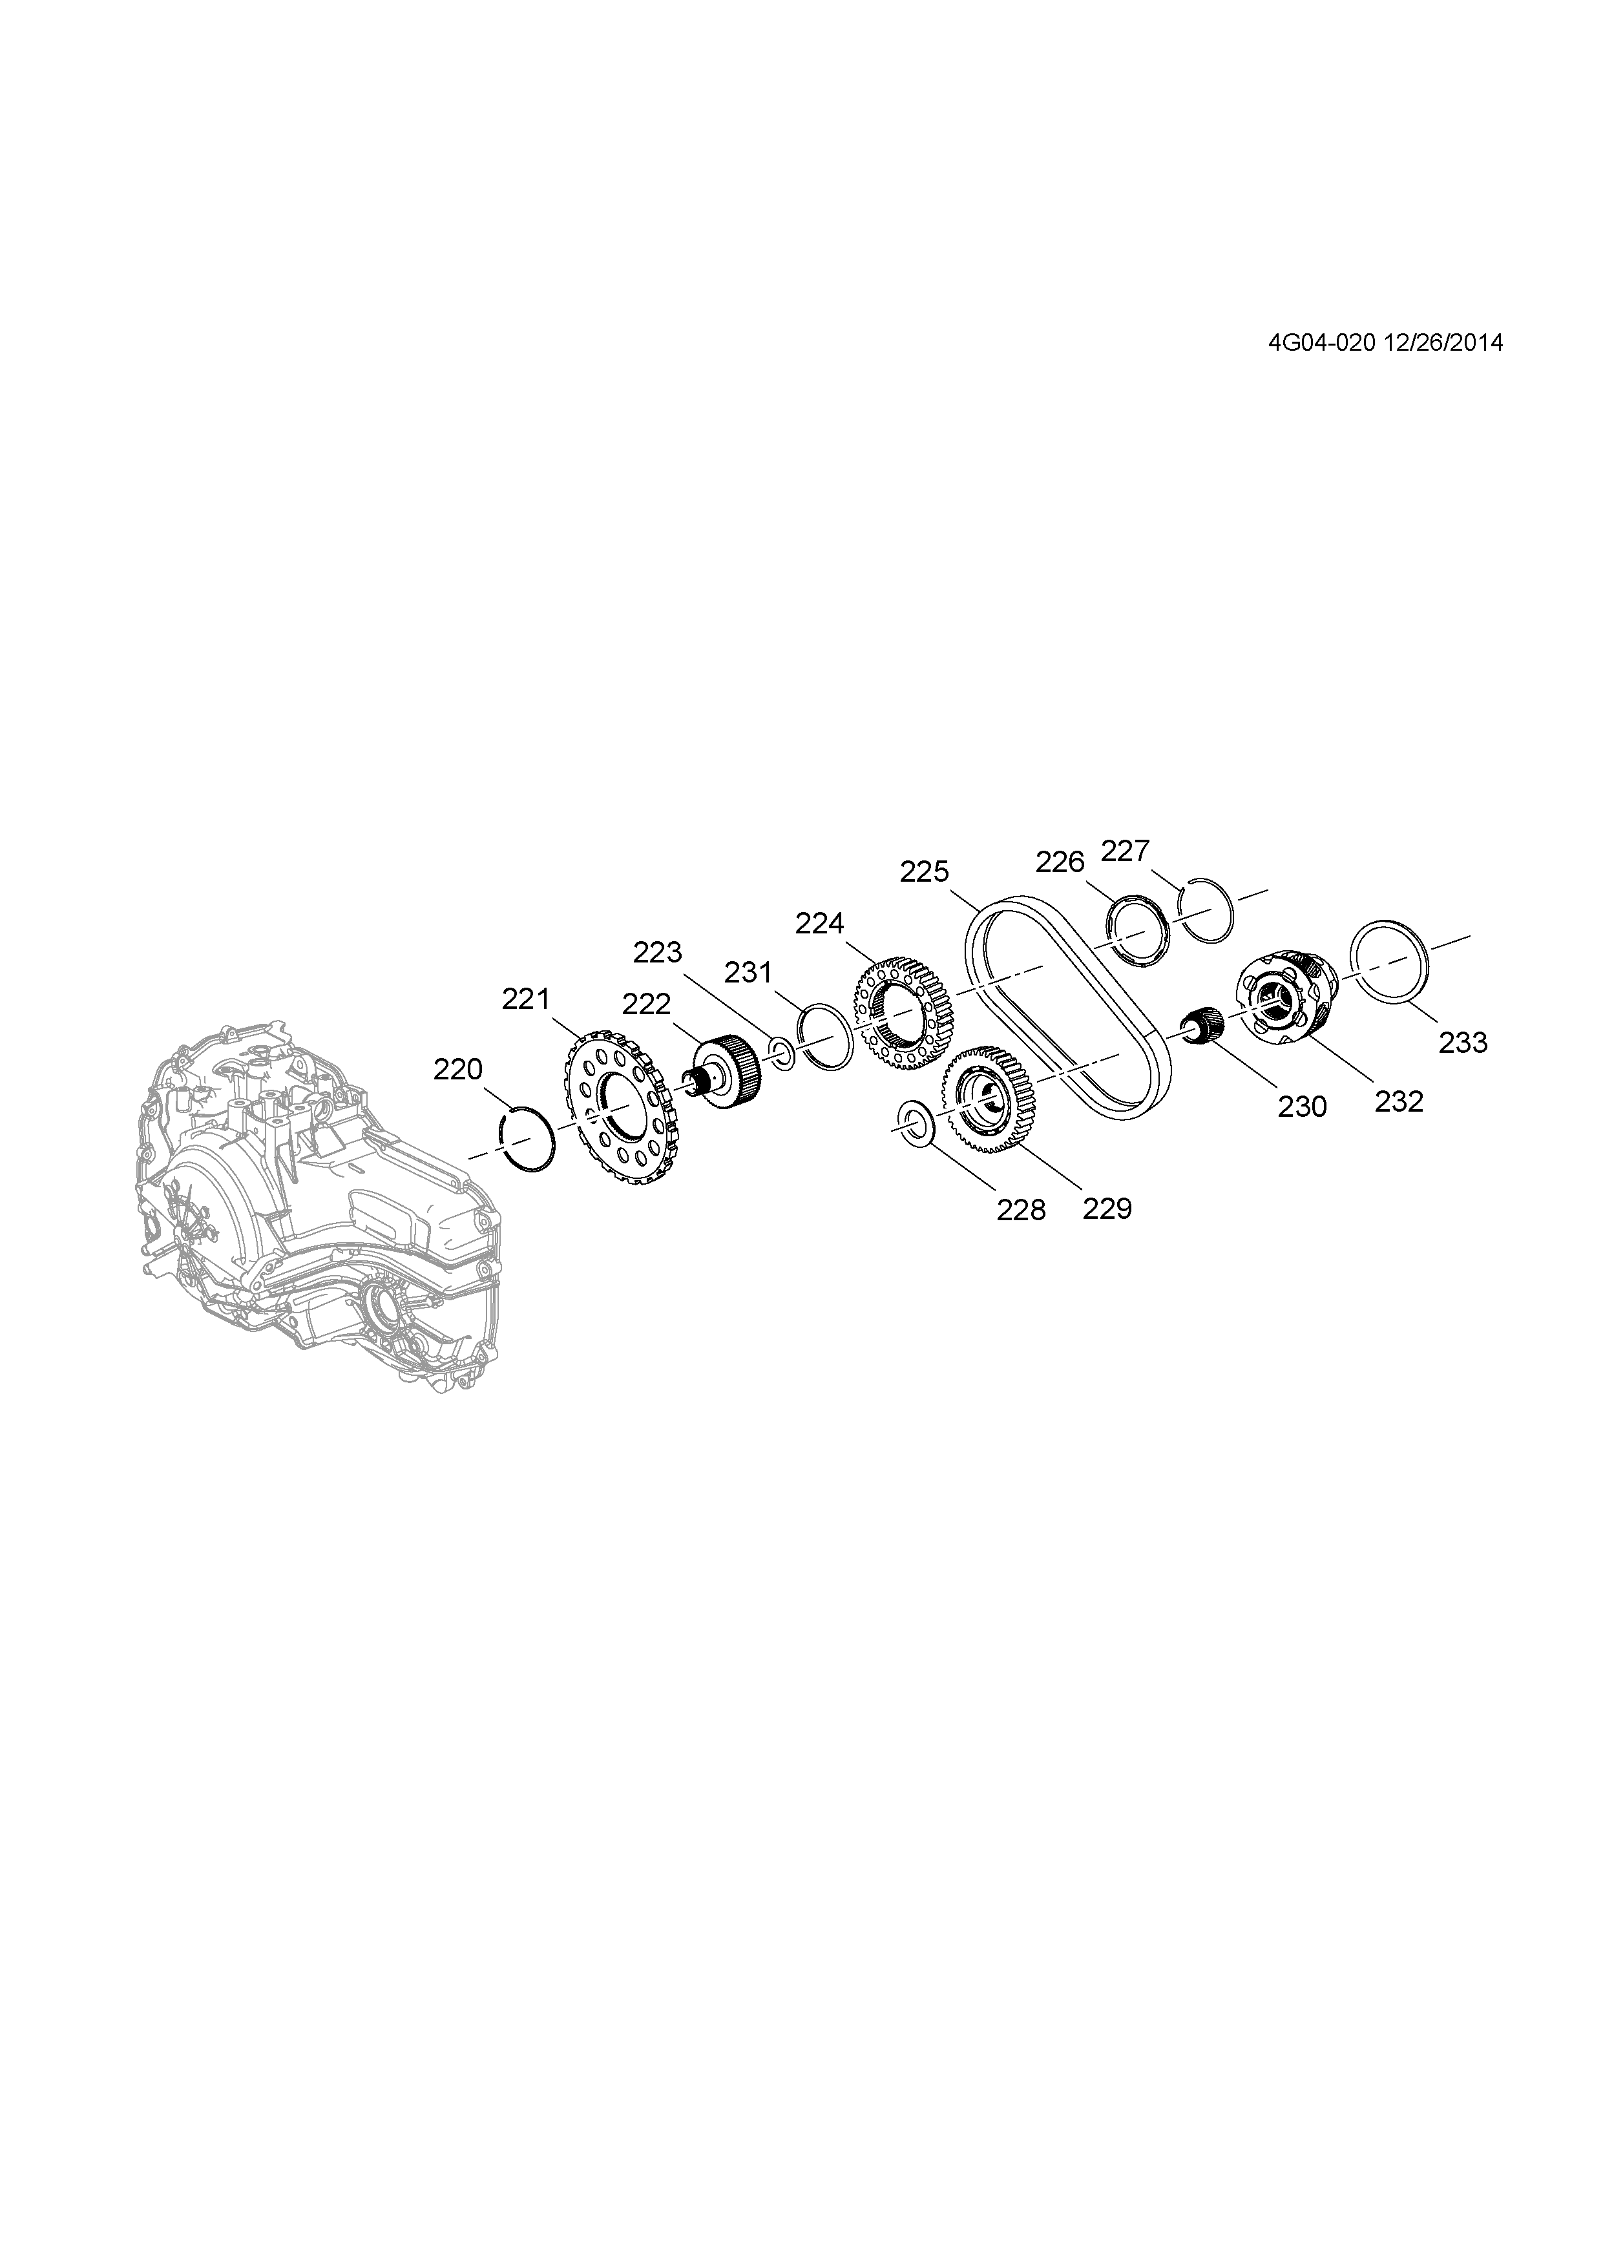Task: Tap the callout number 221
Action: (x=525, y=1000)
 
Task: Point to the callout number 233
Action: (x=1462, y=1042)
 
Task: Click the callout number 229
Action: (x=1107, y=1208)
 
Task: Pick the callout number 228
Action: (x=1021, y=1210)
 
